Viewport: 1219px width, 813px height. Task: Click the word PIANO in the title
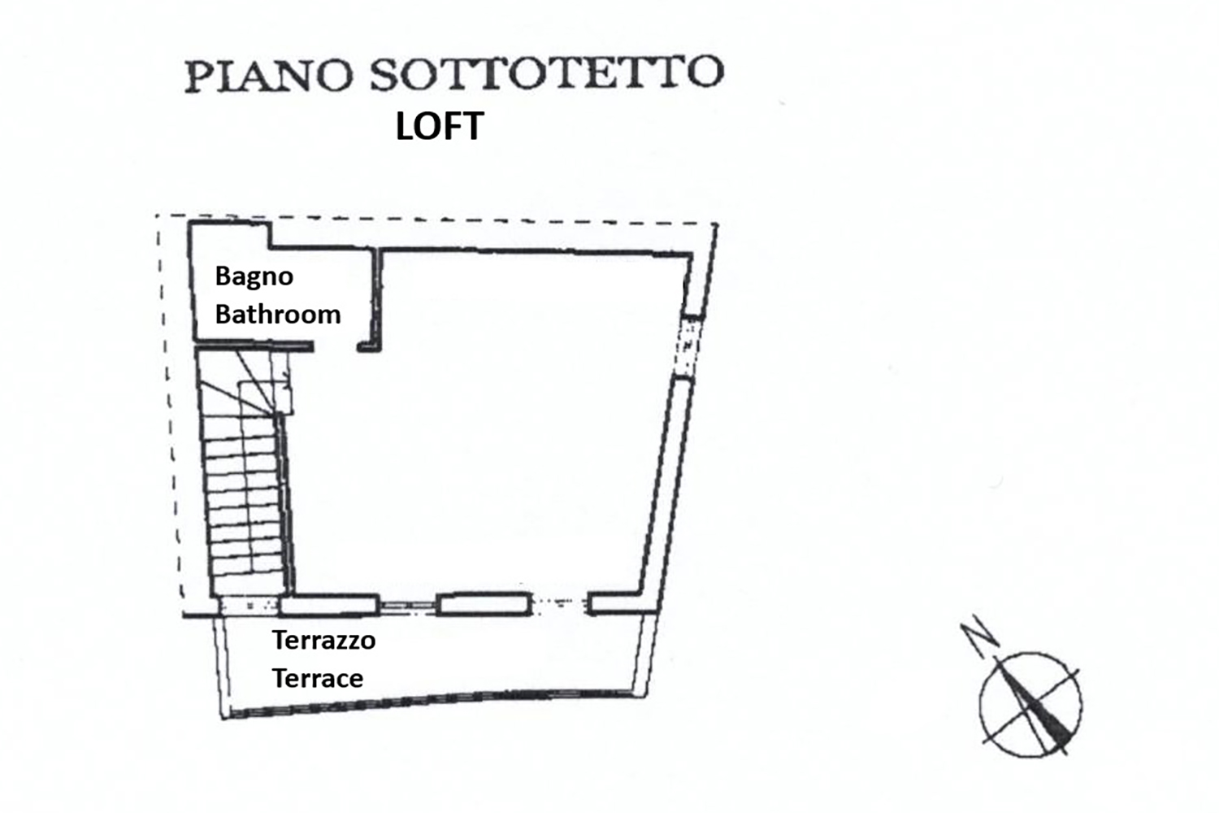point(269,76)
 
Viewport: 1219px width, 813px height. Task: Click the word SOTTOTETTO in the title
point(547,73)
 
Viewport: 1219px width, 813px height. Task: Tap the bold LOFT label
point(440,126)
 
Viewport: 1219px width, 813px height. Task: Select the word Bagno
point(254,277)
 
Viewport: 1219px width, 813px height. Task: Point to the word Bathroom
point(278,314)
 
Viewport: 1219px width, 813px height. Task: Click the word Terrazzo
point(323,640)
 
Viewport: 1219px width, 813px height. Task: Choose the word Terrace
point(318,678)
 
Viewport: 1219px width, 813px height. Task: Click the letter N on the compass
point(979,632)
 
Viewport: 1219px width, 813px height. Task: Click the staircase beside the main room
point(245,474)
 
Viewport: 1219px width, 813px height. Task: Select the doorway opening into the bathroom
point(335,347)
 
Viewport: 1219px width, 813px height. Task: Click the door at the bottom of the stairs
point(249,606)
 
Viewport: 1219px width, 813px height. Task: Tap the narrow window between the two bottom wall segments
point(407,606)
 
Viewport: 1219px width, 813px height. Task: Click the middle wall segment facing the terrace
point(484,604)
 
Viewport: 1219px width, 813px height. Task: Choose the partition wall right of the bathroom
point(376,299)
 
